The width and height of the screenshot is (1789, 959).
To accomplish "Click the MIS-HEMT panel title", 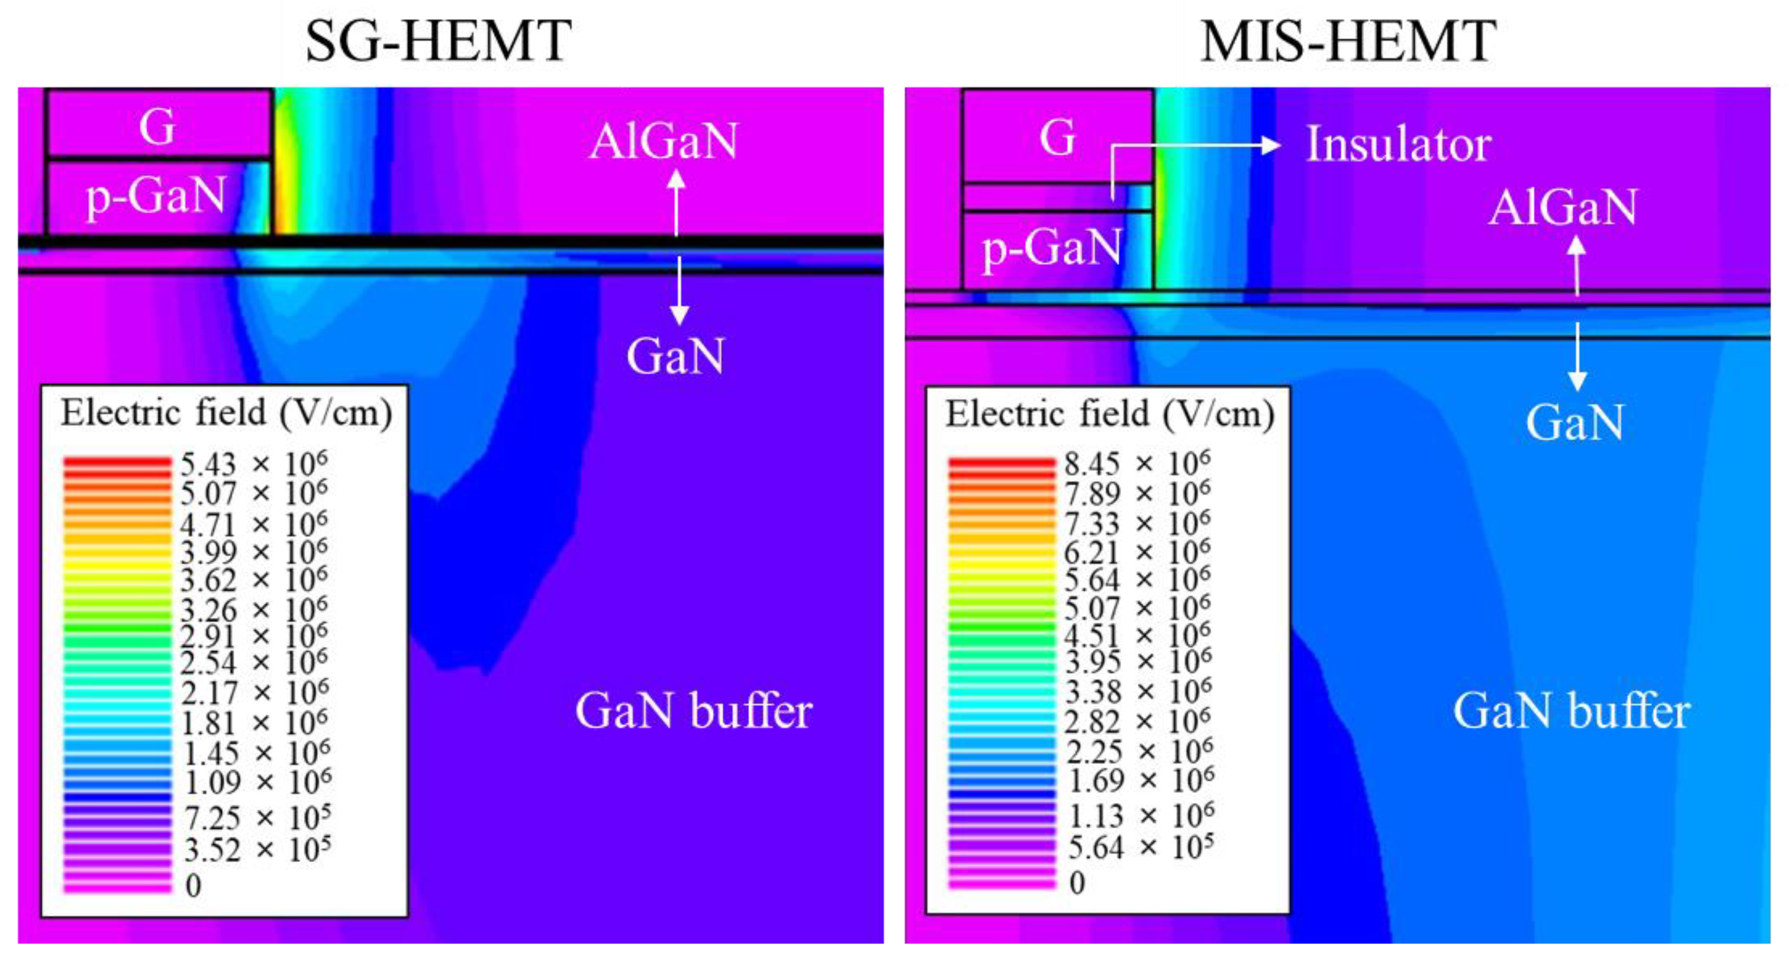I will pos(1348,41).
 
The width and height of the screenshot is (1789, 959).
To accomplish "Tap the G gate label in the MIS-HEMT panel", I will pos(1057,137).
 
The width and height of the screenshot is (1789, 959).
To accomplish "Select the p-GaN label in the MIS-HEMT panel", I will pos(1051,249).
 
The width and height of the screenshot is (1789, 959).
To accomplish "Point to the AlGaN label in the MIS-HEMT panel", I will pos(1563,207).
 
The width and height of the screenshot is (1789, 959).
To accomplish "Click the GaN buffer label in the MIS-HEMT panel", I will pos(1572,711).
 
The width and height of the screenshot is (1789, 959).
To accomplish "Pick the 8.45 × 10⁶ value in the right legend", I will pos(1138,463).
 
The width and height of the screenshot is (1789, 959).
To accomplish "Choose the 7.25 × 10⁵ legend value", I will pos(257,818).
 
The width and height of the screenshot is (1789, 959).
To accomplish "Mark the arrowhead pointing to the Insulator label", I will pos(1271,145).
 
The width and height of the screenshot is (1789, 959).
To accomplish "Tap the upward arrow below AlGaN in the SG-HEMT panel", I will pos(676,201).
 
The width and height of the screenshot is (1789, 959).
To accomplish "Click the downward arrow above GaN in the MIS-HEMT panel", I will pos(1577,358).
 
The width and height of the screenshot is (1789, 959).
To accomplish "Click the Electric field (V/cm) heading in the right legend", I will pos(1110,415).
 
